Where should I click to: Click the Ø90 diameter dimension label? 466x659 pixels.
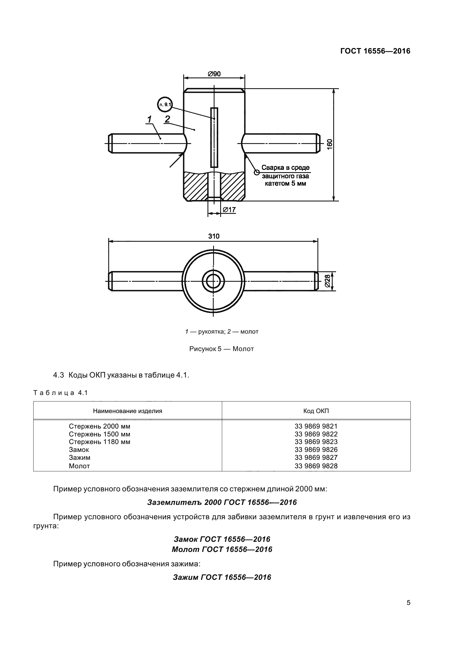coord(214,74)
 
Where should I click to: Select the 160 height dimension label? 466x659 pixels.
coord(330,144)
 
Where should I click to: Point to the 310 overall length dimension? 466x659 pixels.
coord(214,236)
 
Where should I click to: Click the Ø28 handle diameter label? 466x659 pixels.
coord(328,281)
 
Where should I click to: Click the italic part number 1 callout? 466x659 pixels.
coord(149,119)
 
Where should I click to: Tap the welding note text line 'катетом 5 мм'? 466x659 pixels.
coord(285,184)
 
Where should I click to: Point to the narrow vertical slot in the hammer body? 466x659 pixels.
coord(214,137)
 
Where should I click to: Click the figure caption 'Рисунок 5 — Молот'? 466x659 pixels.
coord(221,349)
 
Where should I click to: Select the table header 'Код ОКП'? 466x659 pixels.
coord(316,411)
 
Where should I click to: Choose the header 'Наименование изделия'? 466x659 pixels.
coord(127,411)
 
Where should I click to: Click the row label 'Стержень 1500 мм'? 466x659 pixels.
coord(99,434)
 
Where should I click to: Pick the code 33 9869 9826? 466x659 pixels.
coord(316,450)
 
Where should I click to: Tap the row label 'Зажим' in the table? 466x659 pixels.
coord(79,458)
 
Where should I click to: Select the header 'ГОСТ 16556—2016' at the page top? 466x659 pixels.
coord(375,51)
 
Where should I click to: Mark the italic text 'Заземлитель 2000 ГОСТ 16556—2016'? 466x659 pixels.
coord(222,503)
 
